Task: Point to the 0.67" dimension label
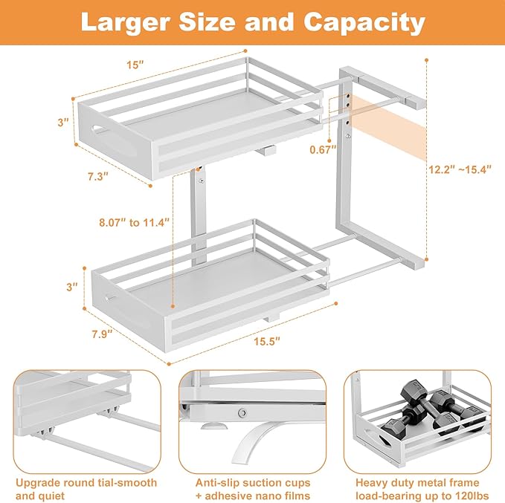point(323,149)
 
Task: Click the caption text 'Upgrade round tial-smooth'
point(86,483)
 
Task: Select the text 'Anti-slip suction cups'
point(252,483)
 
